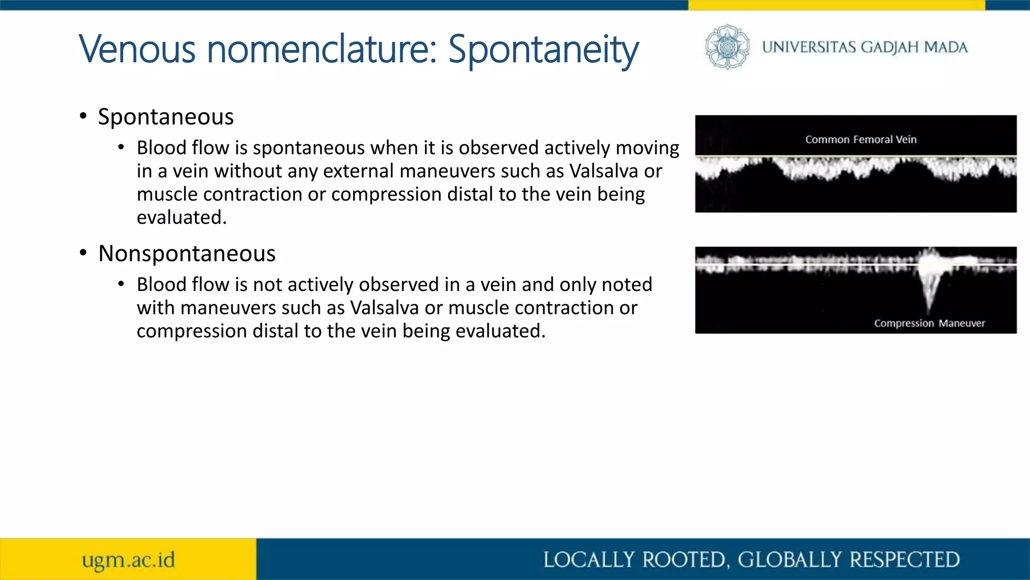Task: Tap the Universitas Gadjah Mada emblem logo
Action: click(727, 47)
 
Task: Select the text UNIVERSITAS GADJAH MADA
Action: click(865, 47)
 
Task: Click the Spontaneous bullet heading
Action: click(165, 117)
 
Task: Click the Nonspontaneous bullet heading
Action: click(187, 253)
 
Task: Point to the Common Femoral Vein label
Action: click(861, 139)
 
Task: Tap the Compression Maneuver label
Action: click(929, 323)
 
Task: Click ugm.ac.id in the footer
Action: click(128, 560)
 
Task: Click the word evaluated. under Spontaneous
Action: click(182, 217)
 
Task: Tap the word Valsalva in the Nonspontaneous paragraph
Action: click(384, 308)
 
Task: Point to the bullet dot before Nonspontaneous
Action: click(83, 253)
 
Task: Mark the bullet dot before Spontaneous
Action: click(83, 116)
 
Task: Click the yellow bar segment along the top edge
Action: click(836, 5)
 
